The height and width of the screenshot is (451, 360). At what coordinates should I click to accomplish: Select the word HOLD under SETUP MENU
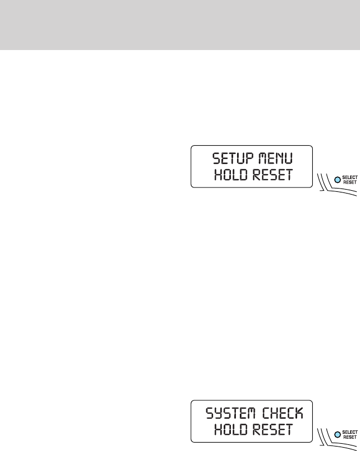click(230, 176)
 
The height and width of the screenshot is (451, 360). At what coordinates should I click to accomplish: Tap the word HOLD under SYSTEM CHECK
click(230, 432)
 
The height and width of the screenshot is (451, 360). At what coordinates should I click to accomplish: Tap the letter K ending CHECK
click(301, 413)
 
